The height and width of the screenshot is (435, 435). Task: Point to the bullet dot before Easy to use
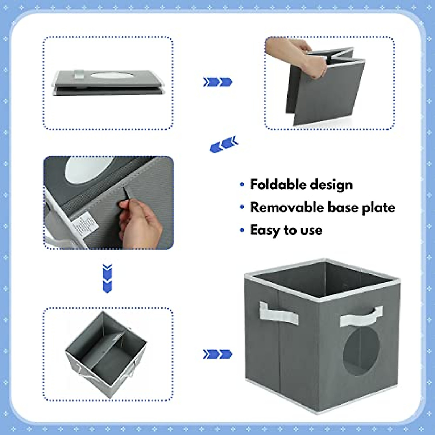[x=242, y=230]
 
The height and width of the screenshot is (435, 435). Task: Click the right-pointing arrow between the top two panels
[x=217, y=82]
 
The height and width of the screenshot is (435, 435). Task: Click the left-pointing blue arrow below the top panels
[x=224, y=144]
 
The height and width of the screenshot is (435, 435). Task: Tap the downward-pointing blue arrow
[x=107, y=278]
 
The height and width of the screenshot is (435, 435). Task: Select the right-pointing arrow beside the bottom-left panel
[x=217, y=354]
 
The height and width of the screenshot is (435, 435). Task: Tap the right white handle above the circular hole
[x=361, y=316]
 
